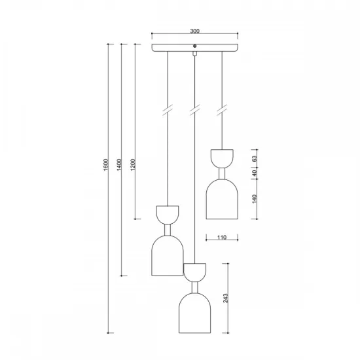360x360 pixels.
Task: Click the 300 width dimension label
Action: [x=194, y=31]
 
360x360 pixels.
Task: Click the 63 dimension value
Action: [x=253, y=157]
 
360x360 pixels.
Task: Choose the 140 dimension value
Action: [x=253, y=198]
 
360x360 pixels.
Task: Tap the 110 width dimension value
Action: [x=222, y=238]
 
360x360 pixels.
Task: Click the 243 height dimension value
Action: [x=226, y=298]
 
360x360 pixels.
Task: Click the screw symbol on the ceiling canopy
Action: [x=194, y=45]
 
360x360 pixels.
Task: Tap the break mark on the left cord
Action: [x=168, y=110]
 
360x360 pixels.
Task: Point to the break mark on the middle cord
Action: [x=194, y=110]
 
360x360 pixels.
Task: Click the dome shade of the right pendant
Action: [x=222, y=199]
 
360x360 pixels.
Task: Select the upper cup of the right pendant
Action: [x=222, y=157]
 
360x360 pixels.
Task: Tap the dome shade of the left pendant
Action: [x=168, y=255]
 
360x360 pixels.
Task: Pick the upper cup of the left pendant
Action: [x=168, y=214]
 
